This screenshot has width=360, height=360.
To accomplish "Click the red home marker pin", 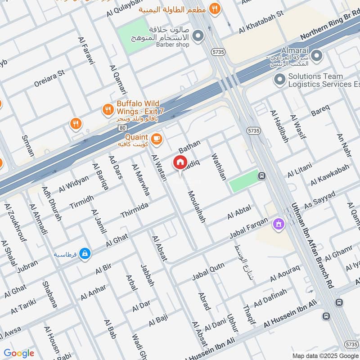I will [180, 162].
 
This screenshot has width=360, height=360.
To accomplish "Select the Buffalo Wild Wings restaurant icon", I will [108, 109].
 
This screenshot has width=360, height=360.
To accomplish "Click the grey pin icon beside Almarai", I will [317, 56].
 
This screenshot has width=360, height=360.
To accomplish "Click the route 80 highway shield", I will [122, 129].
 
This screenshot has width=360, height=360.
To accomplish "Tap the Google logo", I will [18, 353].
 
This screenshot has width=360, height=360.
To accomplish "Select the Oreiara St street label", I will [49, 78].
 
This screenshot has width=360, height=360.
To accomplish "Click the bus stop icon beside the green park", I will [261, 176].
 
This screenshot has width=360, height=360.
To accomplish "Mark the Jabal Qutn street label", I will [208, 270].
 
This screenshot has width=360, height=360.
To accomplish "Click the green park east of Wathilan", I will [243, 183].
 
